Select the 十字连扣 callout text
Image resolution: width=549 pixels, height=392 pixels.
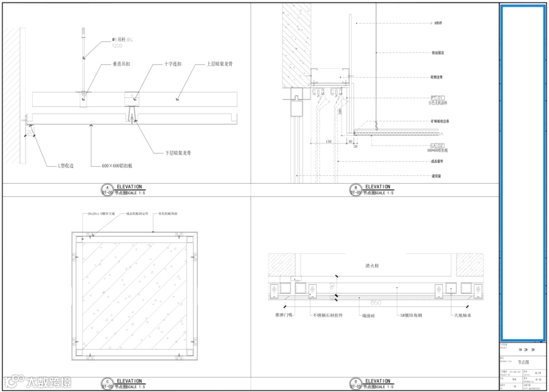click(x=173, y=64)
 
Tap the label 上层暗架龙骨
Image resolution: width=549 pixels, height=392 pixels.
click(x=220, y=64)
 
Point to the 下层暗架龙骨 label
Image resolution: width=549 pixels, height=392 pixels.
click(x=178, y=153)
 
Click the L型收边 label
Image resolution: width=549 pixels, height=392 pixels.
click(x=66, y=165)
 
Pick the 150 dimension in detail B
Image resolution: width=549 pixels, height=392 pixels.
click(x=328, y=142)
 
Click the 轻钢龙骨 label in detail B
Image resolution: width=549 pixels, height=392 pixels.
click(x=437, y=77)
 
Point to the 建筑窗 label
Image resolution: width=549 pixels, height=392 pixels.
click(x=436, y=176)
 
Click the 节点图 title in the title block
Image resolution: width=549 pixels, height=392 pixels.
click(x=523, y=362)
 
